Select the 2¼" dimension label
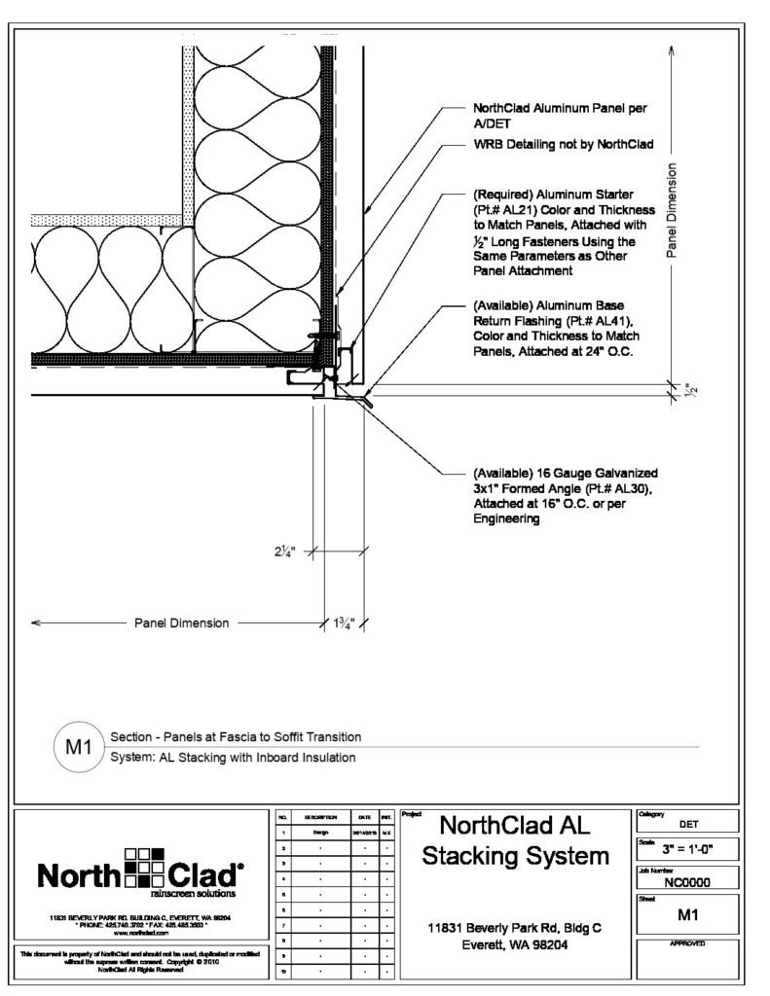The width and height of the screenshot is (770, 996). point(285,551)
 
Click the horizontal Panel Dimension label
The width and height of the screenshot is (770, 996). point(181,622)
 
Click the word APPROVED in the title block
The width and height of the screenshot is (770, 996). point(687,944)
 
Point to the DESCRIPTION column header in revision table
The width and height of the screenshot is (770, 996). point(320,818)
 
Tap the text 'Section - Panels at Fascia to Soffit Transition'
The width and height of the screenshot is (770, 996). point(237,737)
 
